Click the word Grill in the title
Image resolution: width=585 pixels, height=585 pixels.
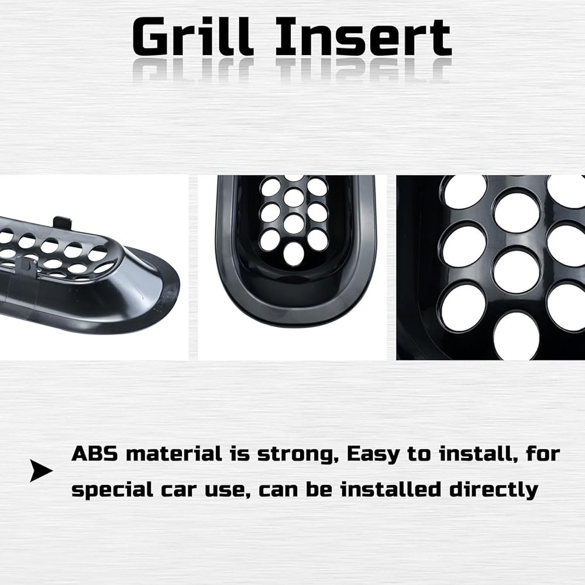[192, 37]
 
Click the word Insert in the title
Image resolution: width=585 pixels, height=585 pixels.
[363, 37]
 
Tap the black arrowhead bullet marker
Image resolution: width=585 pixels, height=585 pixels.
[41, 471]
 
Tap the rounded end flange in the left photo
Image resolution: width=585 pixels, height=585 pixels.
[157, 295]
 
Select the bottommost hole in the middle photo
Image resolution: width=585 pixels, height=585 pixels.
[294, 254]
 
